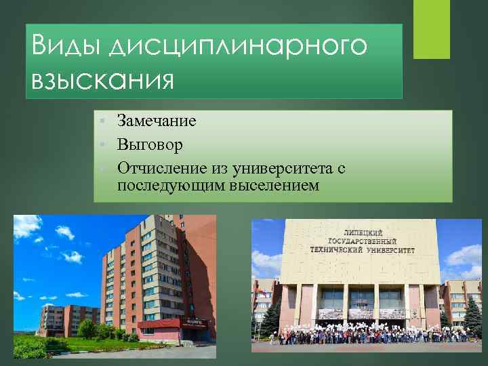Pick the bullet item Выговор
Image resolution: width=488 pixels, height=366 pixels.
(x=150, y=144)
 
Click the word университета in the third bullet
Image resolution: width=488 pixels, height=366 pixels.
(x=281, y=167)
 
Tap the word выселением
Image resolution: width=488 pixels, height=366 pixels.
(x=274, y=184)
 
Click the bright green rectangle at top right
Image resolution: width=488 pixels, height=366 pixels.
(x=432, y=29)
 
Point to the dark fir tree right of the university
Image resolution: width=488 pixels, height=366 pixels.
(x=472, y=315)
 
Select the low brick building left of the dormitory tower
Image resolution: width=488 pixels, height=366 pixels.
(x=65, y=319)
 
